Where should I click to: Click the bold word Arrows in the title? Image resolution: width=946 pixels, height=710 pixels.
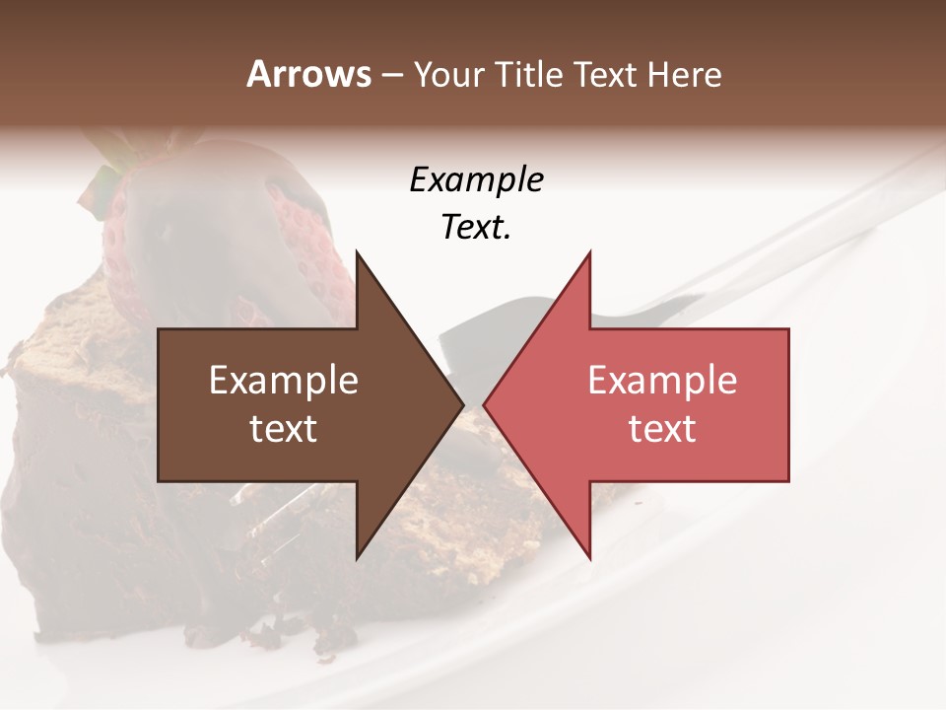click(x=309, y=74)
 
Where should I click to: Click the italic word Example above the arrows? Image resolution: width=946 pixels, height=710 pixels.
click(x=476, y=180)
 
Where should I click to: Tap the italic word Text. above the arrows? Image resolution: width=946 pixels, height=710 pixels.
click(x=476, y=227)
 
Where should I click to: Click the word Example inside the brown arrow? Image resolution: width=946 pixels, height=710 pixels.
click(x=284, y=381)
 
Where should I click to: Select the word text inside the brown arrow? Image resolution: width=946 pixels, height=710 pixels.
click(x=284, y=428)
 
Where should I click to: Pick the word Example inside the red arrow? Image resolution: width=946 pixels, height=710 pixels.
click(x=662, y=381)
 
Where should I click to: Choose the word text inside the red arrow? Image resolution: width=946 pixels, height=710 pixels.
click(x=662, y=428)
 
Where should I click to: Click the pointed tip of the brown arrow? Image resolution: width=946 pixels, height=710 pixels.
click(x=462, y=404)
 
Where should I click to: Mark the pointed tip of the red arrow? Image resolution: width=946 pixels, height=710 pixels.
click(x=485, y=404)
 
